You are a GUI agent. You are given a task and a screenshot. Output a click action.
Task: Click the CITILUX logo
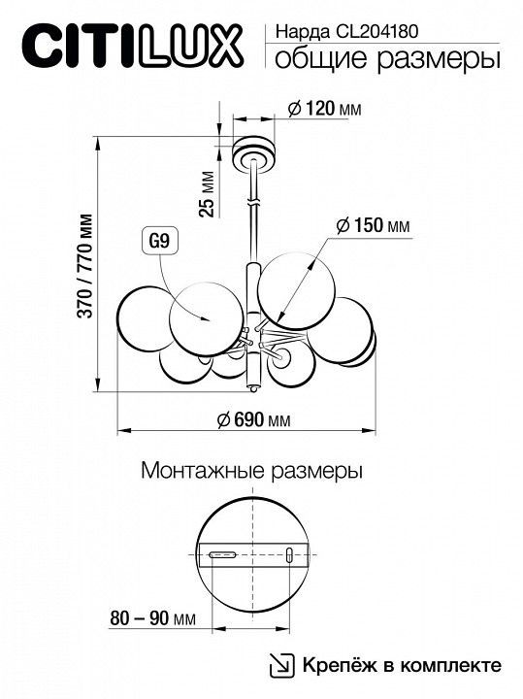(132, 47)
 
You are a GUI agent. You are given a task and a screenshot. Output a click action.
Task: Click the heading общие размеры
(387, 59)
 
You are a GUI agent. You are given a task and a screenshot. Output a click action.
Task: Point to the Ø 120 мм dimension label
(324, 109)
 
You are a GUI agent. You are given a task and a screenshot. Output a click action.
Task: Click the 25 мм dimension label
(207, 193)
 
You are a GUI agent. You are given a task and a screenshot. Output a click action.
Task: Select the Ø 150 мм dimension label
(373, 225)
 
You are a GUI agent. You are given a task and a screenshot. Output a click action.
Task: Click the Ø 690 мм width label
(254, 420)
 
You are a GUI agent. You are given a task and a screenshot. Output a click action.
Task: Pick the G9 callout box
(159, 242)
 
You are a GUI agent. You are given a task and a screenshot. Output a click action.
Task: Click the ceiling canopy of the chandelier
(253, 152)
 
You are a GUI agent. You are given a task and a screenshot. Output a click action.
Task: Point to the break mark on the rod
(252, 202)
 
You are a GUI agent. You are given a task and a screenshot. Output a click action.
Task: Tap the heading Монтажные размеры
(251, 471)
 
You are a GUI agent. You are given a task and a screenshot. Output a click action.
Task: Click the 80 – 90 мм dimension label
(152, 618)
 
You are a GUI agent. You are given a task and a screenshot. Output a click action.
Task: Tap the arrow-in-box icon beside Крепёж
(282, 666)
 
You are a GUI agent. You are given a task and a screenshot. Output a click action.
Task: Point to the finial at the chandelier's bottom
(252, 388)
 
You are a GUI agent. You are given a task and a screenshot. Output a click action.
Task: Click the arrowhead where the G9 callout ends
(206, 318)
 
